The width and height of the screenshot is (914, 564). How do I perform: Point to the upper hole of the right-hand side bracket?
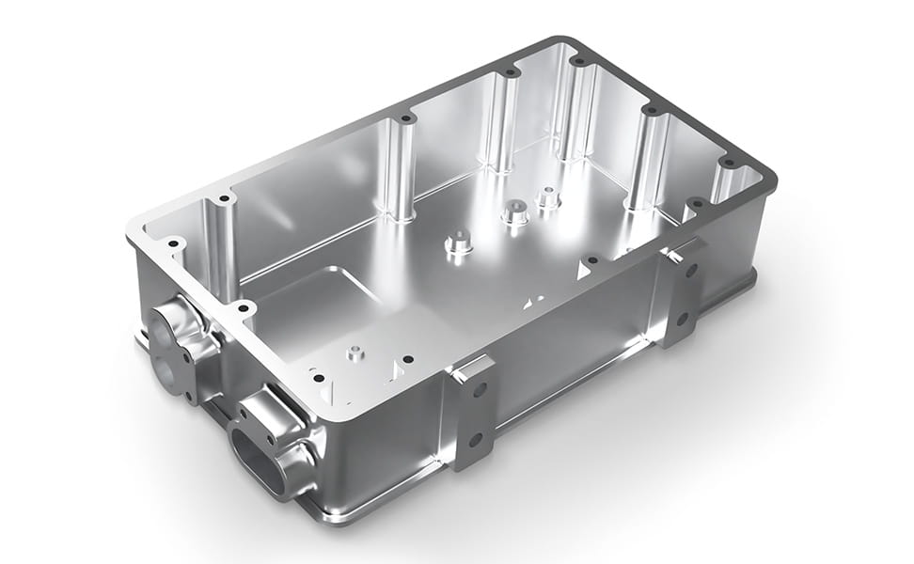[691, 271]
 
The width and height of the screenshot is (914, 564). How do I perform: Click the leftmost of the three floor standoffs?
[457, 243]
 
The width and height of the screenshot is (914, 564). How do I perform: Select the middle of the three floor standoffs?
[513, 212]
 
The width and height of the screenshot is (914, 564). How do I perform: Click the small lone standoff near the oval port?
[355, 353]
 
